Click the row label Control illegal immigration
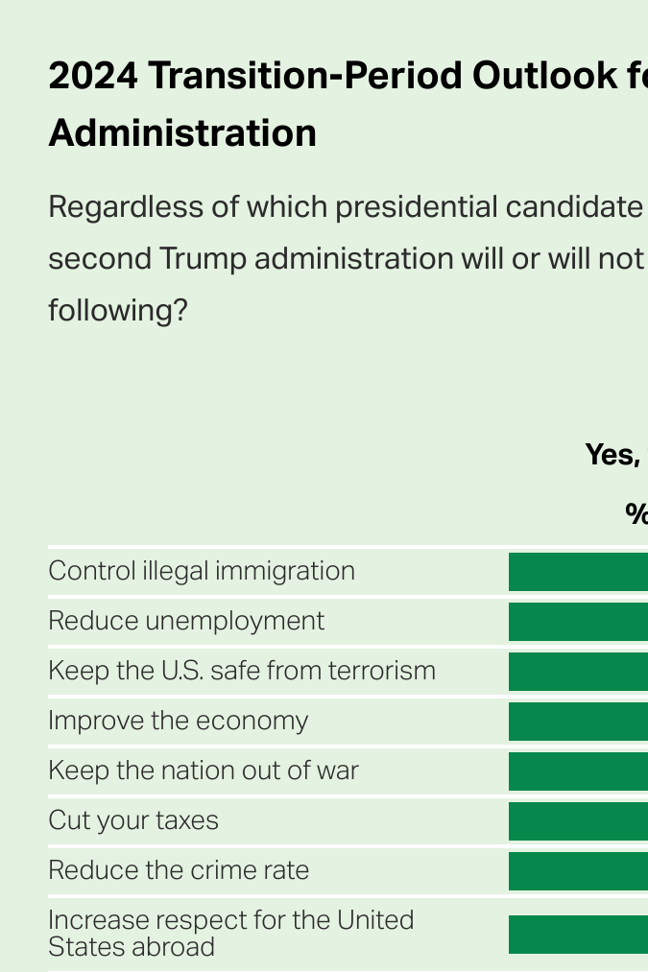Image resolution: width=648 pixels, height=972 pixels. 202,571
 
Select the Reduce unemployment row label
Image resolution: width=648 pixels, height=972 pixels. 186,621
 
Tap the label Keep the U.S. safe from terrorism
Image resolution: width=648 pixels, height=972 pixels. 242,671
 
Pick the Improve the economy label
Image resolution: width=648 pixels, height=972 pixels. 179,721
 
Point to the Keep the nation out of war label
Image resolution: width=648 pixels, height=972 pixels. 204,770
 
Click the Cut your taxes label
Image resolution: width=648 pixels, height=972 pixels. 133,820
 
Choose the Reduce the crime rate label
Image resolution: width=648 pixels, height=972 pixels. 179,870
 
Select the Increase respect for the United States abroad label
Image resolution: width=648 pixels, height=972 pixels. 230,934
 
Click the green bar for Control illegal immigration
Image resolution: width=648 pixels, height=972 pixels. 578,572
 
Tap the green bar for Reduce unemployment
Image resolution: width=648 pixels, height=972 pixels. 578,622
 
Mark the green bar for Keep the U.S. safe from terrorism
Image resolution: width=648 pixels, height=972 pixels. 578,672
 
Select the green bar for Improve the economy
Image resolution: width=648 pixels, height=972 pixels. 578,722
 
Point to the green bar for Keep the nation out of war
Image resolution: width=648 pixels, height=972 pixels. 578,771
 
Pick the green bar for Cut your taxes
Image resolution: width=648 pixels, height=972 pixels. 578,821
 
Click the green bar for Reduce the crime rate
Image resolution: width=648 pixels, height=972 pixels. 578,871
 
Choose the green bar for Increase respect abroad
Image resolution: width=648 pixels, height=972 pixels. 578,935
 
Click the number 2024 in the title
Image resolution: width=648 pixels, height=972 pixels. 92,75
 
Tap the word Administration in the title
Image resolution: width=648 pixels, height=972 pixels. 182,132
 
